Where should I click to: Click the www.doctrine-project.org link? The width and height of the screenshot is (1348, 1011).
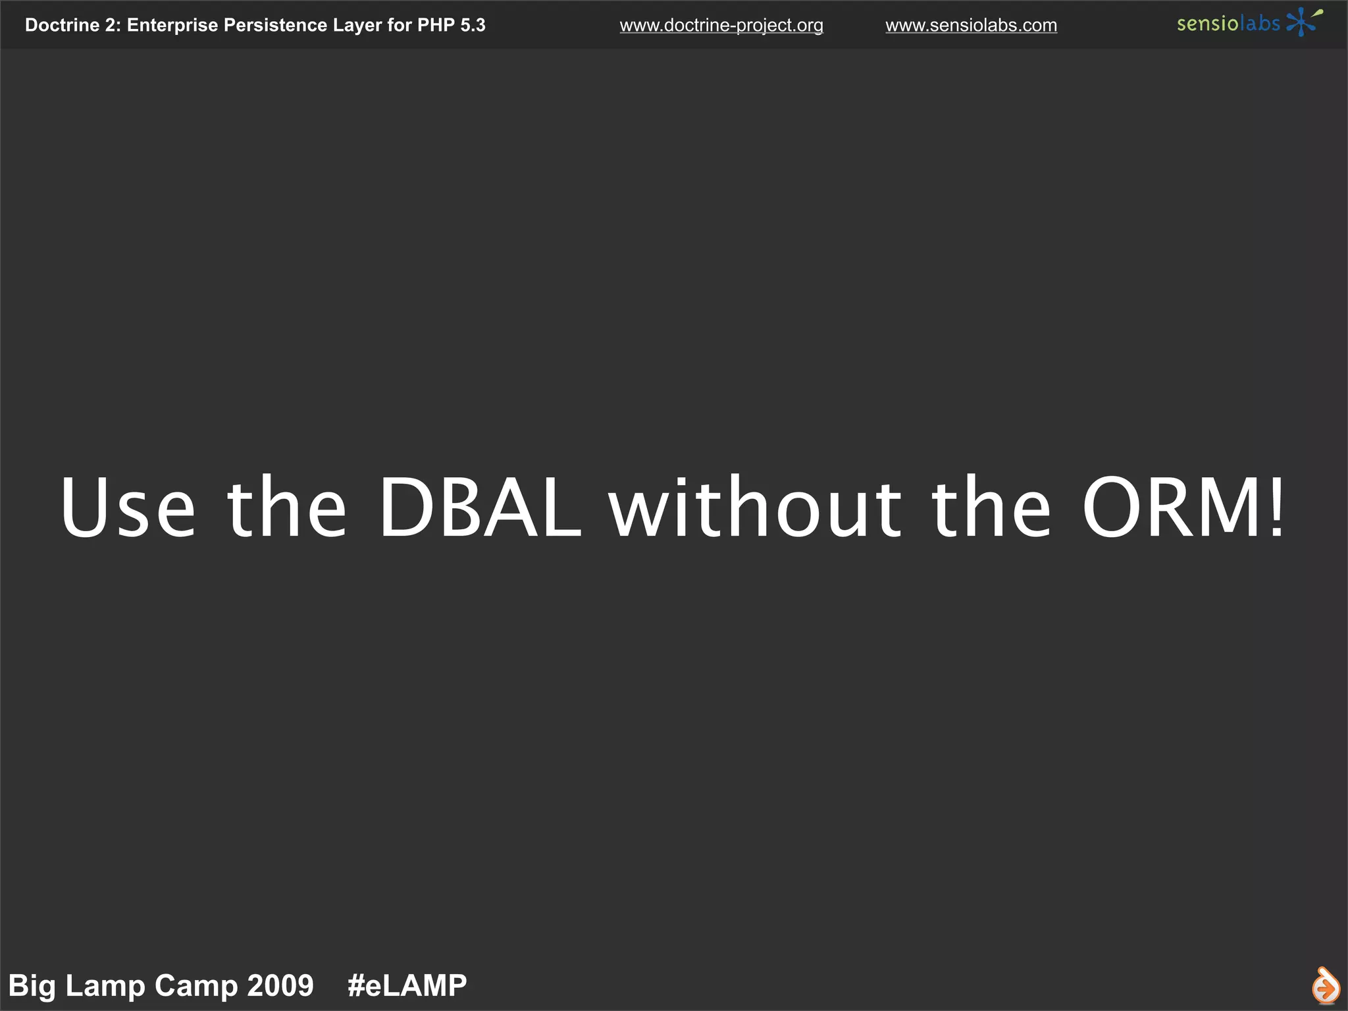(x=721, y=26)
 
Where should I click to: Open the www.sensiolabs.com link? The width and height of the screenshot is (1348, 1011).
(x=971, y=26)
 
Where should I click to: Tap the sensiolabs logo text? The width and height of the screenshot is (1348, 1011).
(x=1228, y=24)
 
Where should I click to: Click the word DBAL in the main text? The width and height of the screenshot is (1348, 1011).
(x=480, y=507)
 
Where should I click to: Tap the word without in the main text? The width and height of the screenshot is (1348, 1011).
(x=755, y=507)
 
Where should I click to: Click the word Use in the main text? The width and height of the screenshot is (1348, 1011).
(x=128, y=507)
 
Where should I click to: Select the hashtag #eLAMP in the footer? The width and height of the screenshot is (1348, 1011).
(x=407, y=985)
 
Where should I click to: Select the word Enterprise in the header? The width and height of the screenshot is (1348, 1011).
(x=172, y=26)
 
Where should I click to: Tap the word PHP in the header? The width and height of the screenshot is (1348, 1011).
(x=436, y=25)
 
